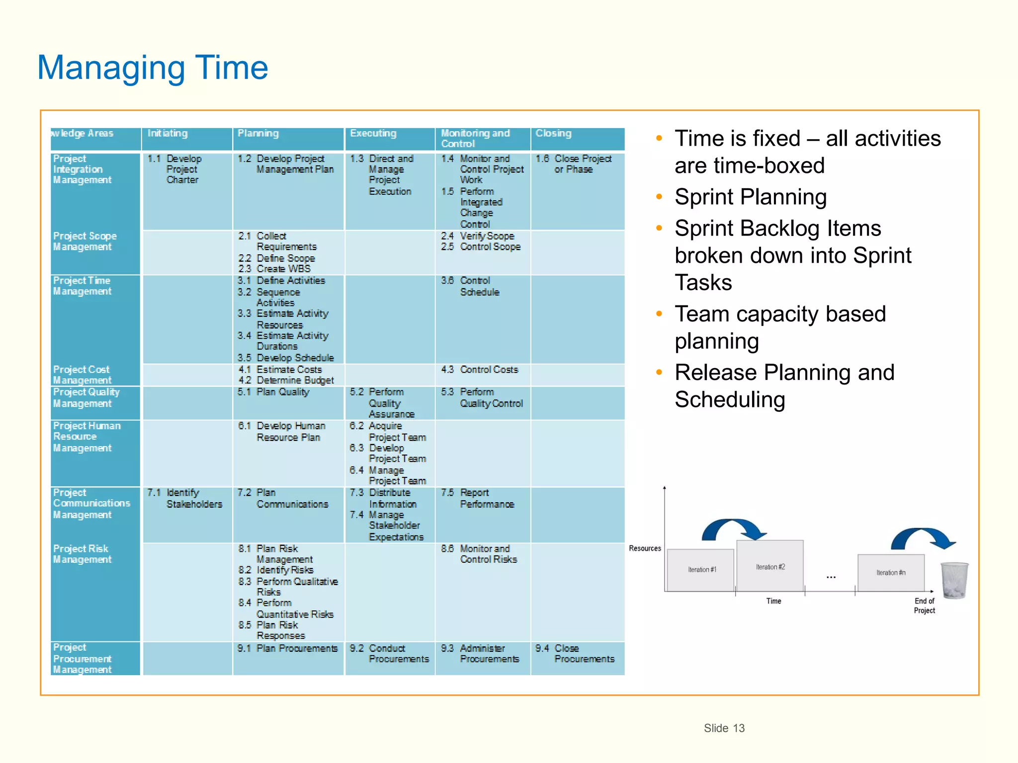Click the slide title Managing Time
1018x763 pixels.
coord(153,68)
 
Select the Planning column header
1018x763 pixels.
coord(258,134)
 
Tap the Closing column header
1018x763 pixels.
coord(553,134)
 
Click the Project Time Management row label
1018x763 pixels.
coord(82,286)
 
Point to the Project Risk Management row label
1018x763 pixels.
coord(82,554)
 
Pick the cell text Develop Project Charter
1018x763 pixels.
coord(183,169)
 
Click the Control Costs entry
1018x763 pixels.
coord(489,370)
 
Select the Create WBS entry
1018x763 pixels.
coord(283,269)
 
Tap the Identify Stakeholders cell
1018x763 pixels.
coord(193,498)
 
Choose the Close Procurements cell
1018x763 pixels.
coord(584,654)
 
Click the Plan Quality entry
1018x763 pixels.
coord(282,392)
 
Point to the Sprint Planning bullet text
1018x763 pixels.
coord(750,197)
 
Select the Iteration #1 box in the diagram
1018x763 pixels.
coord(701,570)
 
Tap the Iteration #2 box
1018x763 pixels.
coord(770,566)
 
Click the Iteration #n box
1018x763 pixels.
coord(890,572)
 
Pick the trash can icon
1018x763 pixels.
coord(954,580)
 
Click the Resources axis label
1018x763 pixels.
coord(645,548)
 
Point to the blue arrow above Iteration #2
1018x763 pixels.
coord(733,529)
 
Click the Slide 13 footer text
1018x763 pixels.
coord(724,728)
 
